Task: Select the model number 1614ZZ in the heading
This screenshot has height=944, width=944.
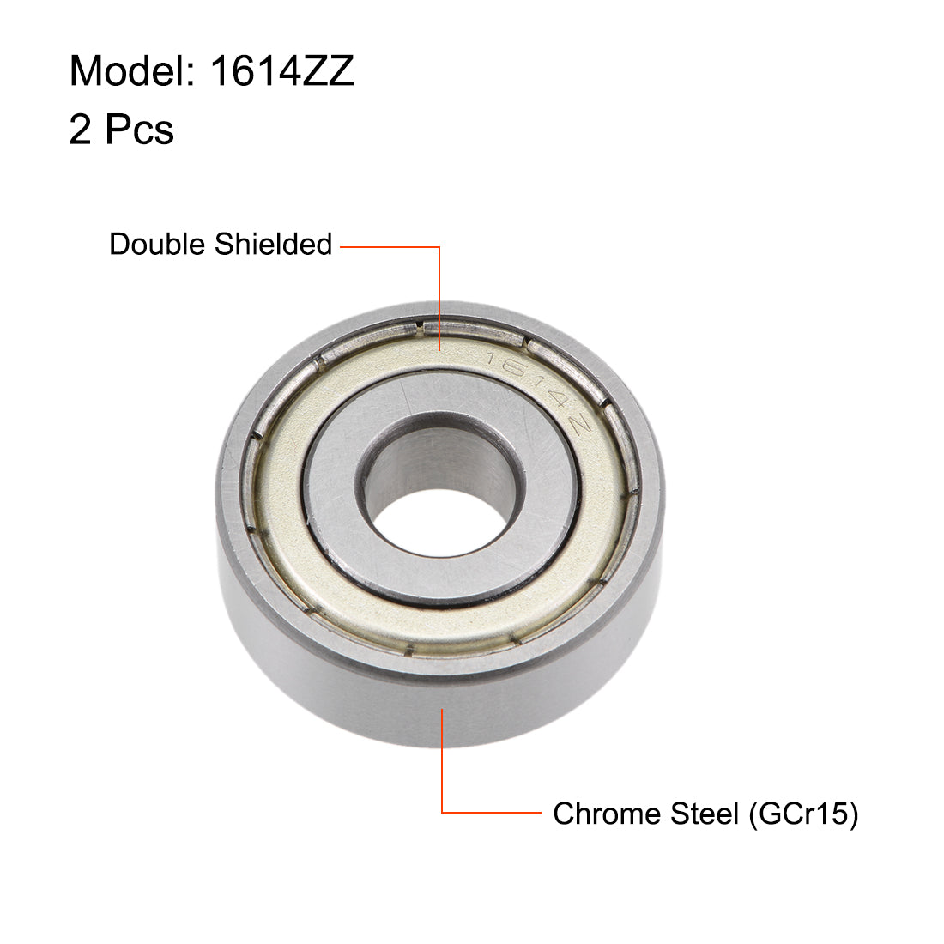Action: tap(281, 71)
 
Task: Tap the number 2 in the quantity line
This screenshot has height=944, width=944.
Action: tap(80, 130)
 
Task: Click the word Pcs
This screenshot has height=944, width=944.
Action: tap(139, 130)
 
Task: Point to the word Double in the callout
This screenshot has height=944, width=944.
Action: tap(159, 245)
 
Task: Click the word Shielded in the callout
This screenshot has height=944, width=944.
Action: tap(273, 245)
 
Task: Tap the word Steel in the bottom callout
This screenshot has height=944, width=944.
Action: tap(704, 814)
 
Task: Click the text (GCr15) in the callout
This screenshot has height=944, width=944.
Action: tap(803, 814)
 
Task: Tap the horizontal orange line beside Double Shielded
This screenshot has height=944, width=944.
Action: tap(390, 247)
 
